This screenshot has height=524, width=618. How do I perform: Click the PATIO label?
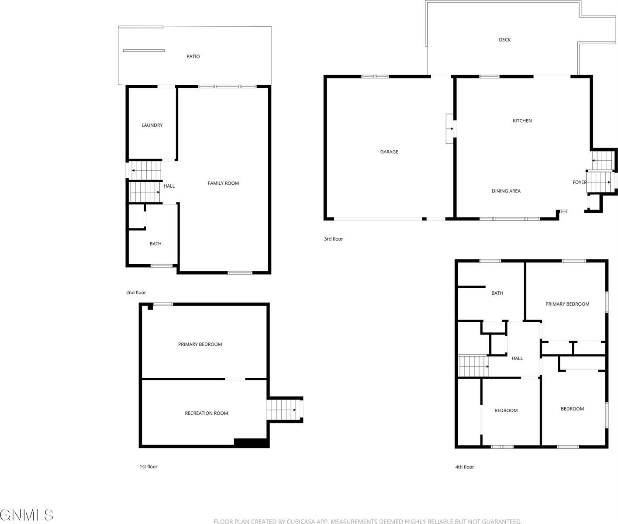pos(193,56)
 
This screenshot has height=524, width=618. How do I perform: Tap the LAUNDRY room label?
pos(152,125)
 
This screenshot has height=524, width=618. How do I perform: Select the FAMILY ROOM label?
pos(223,183)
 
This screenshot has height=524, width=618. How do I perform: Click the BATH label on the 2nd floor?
pos(155,244)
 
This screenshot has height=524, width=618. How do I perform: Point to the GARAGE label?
pos(389,152)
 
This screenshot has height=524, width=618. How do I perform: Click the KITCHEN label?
pos(522,121)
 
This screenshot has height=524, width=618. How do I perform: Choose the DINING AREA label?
pos(506,191)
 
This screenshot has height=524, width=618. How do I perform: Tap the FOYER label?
pos(580,183)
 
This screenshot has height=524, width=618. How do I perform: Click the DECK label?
pos(504,40)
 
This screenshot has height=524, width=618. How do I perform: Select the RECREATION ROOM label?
pos(206,414)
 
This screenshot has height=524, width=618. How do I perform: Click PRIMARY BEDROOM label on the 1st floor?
pos(200,345)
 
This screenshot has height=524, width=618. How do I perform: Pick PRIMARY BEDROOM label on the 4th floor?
pos(567,304)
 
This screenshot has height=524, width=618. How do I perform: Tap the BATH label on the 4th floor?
pos(497,293)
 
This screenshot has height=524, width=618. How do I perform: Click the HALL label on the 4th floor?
pos(517,359)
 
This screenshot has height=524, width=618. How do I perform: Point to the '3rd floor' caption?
pos(333,239)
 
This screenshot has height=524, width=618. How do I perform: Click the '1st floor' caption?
pos(148,467)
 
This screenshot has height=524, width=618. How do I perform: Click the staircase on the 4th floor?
pos(473,366)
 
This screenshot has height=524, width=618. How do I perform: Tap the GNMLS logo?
pos(27,515)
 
